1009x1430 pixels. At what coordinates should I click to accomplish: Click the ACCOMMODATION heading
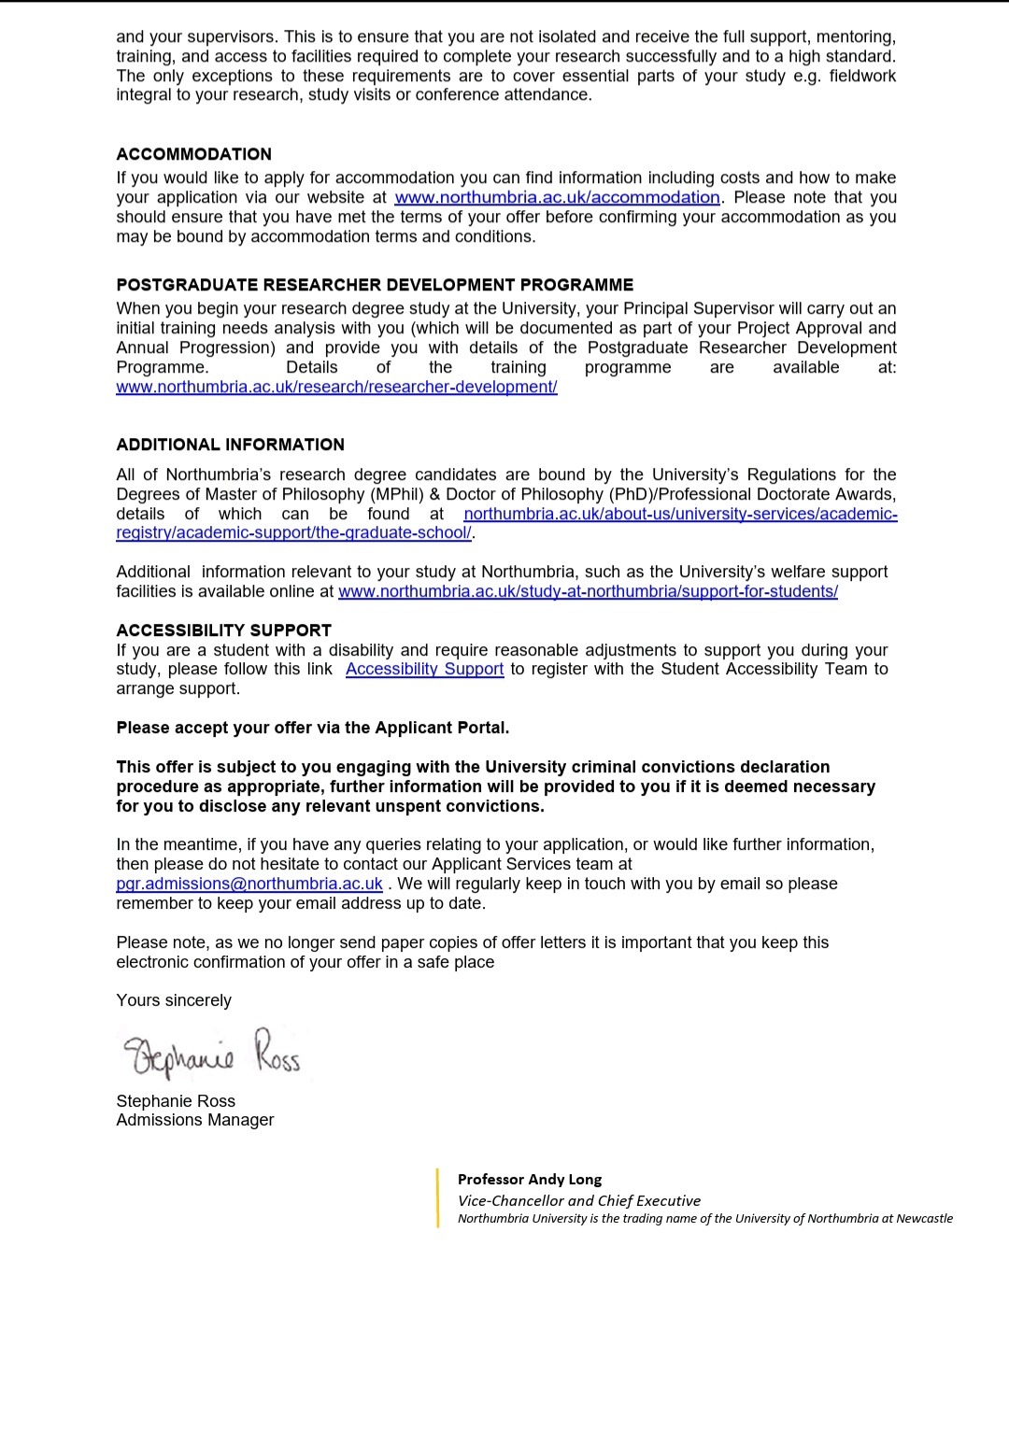click(x=193, y=154)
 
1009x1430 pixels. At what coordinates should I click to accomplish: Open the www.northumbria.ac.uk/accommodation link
click(x=557, y=197)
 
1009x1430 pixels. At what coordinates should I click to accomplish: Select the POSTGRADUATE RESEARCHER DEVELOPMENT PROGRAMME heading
click(x=375, y=285)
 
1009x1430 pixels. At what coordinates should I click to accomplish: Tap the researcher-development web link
click(x=336, y=387)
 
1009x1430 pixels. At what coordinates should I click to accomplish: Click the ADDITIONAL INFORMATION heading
click(x=230, y=445)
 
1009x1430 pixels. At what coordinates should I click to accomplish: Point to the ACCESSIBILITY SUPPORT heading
click(x=223, y=630)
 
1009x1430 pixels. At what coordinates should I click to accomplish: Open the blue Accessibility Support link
click(x=424, y=669)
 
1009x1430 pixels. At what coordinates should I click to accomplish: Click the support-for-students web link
click(x=588, y=591)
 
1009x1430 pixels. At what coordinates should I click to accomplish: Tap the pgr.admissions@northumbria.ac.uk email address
click(x=249, y=884)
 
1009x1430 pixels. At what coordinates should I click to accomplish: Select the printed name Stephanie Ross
click(x=176, y=1101)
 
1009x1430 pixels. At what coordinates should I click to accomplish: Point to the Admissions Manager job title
click(x=195, y=1120)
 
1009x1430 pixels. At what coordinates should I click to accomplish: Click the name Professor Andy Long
click(x=530, y=1180)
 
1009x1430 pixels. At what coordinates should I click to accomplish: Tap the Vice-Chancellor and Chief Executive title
click(x=579, y=1201)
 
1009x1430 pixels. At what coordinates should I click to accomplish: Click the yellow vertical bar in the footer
click(x=437, y=1198)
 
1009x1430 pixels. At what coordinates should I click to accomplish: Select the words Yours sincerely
click(x=174, y=1000)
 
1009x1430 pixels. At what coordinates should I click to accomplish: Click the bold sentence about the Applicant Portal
click(x=313, y=728)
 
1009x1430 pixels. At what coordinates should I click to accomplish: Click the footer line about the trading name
click(x=705, y=1219)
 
